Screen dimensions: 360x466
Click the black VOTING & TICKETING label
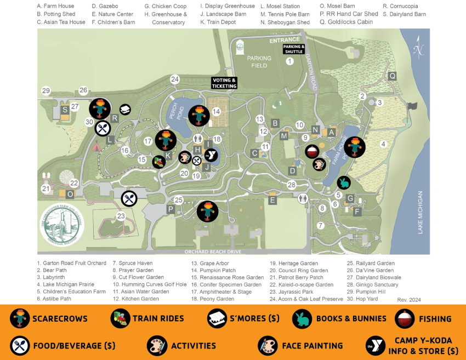[224, 83]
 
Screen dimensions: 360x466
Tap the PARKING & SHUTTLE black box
[293, 49]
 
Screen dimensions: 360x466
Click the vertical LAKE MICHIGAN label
[421, 213]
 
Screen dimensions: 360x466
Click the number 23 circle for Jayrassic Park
[121, 216]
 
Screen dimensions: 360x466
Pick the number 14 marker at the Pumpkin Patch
[216, 112]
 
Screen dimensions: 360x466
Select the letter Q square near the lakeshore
[392, 76]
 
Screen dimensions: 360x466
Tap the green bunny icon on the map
[344, 182]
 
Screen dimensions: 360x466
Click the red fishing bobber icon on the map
[312, 151]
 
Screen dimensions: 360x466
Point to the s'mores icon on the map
[125, 110]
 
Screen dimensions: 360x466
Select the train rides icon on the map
[159, 162]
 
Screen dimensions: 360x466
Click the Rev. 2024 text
[409, 300]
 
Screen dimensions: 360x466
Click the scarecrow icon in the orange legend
[20, 318]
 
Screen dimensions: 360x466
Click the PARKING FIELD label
[259, 61]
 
